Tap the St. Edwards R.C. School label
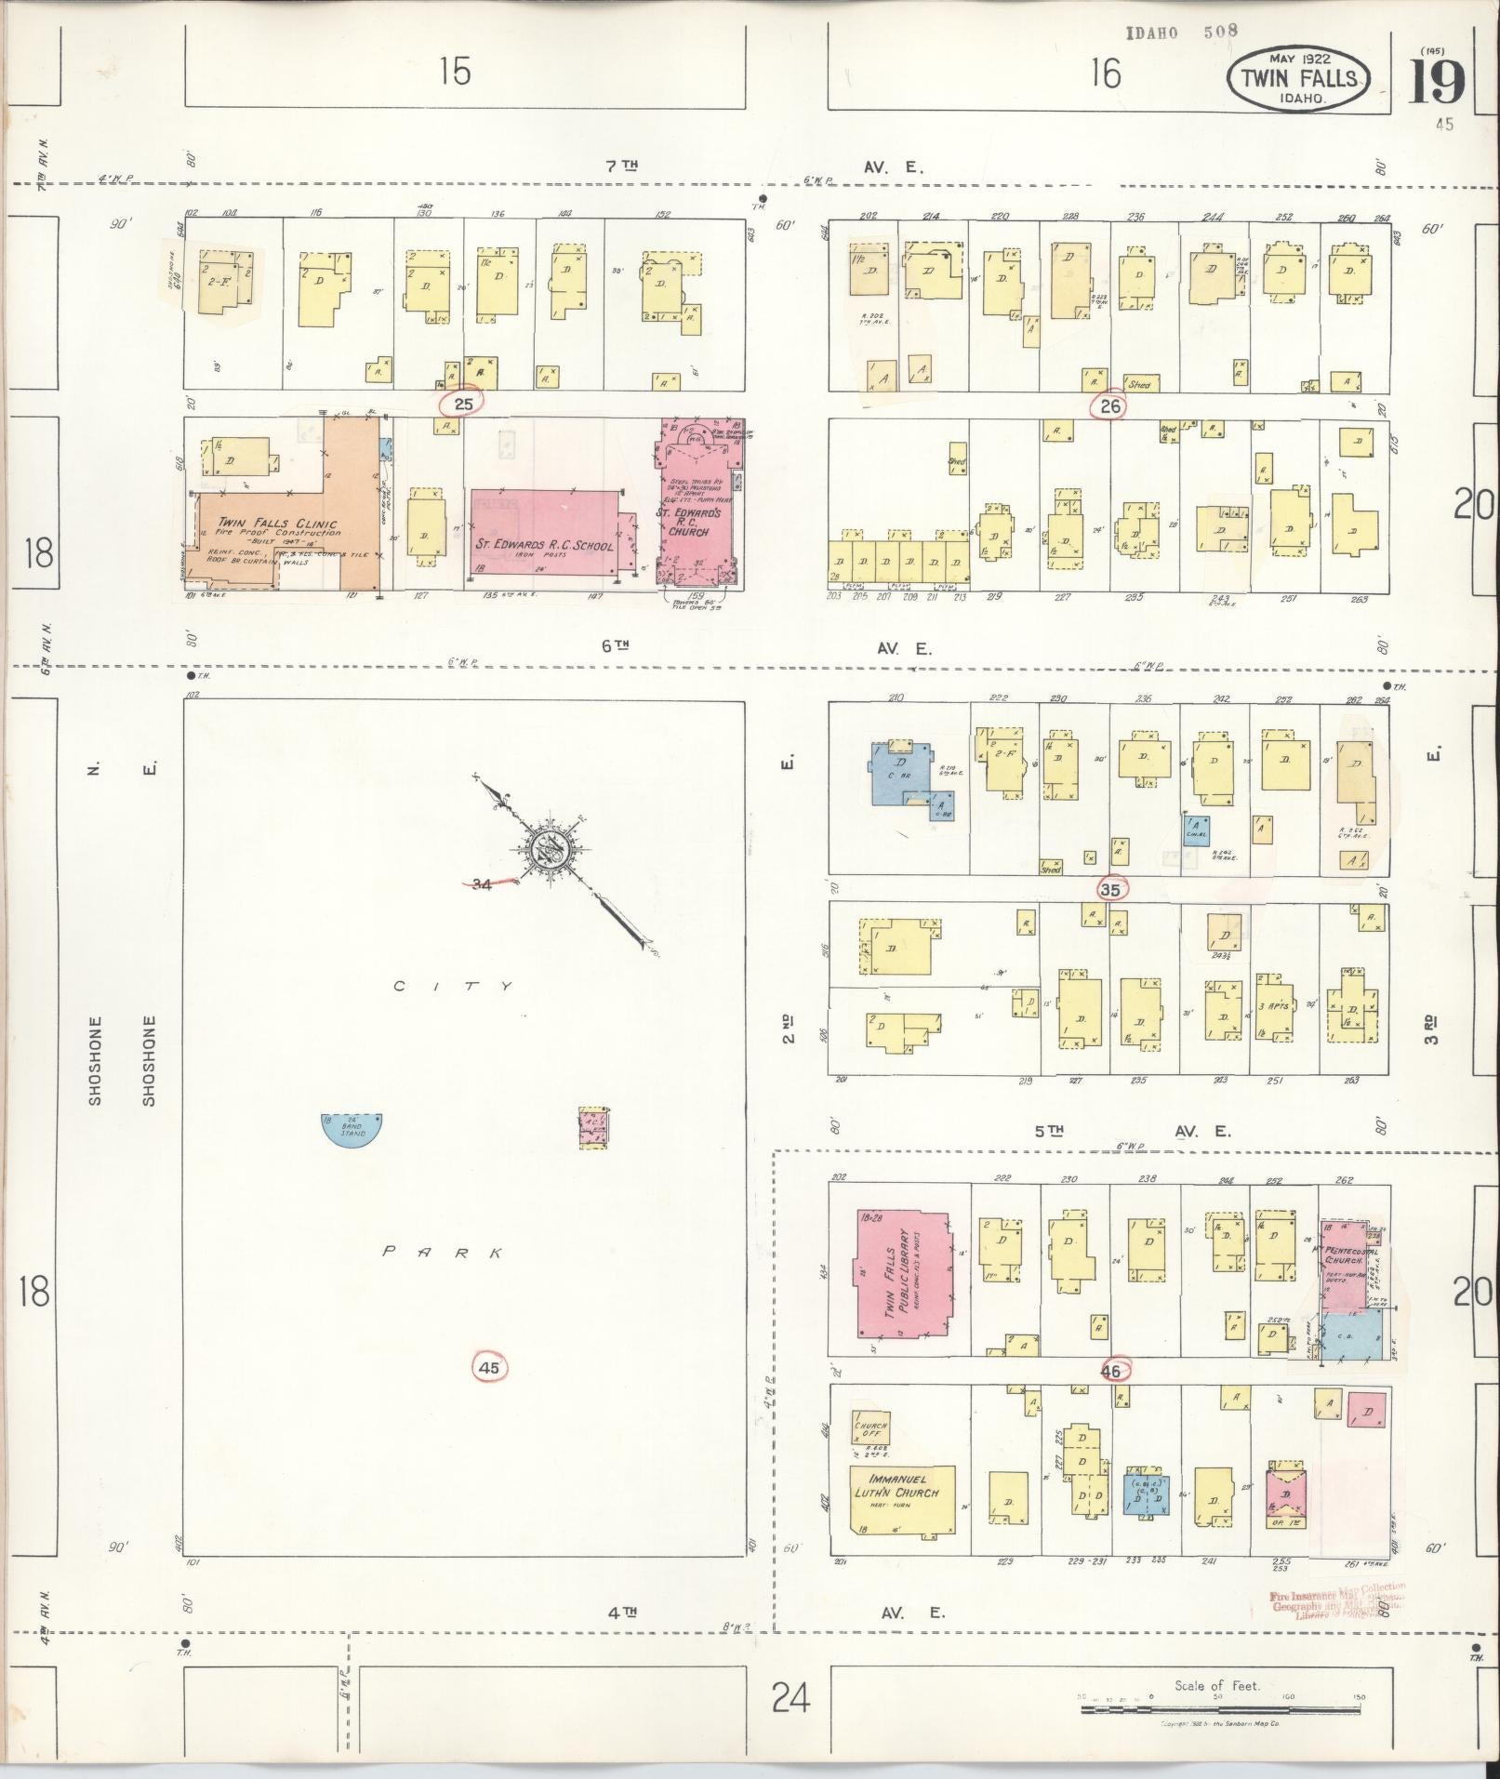[x=544, y=546]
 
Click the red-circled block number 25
[x=463, y=404]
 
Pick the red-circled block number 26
[x=1109, y=405]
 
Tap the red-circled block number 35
[x=1109, y=888]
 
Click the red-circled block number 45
[x=489, y=1367]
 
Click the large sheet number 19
[x=1436, y=84]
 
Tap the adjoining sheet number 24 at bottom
[x=790, y=1698]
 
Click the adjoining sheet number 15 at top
[x=455, y=72]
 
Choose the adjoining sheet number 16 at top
[x=1105, y=73]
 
